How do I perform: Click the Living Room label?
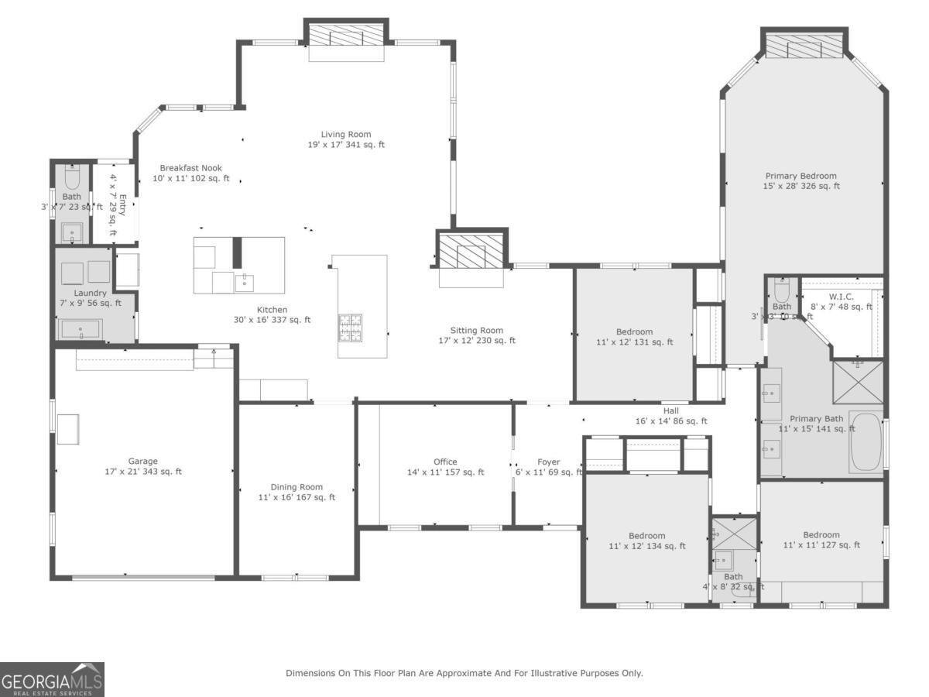point(346,135)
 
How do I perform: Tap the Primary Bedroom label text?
point(801,176)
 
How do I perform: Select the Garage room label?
point(143,462)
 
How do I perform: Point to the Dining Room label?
point(297,487)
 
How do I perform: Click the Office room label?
point(445,462)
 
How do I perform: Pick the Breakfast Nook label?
point(190,168)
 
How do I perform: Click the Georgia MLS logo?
point(52,679)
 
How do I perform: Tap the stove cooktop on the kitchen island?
point(351,327)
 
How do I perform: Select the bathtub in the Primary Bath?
point(866,442)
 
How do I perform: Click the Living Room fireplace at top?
point(346,35)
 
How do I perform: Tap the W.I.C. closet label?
point(841,297)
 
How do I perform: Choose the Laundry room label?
point(90,294)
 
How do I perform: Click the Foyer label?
point(548,462)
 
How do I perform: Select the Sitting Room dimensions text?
point(476,341)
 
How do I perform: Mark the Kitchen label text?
point(272,310)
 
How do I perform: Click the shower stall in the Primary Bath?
point(859,382)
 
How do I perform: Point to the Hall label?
point(671,411)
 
